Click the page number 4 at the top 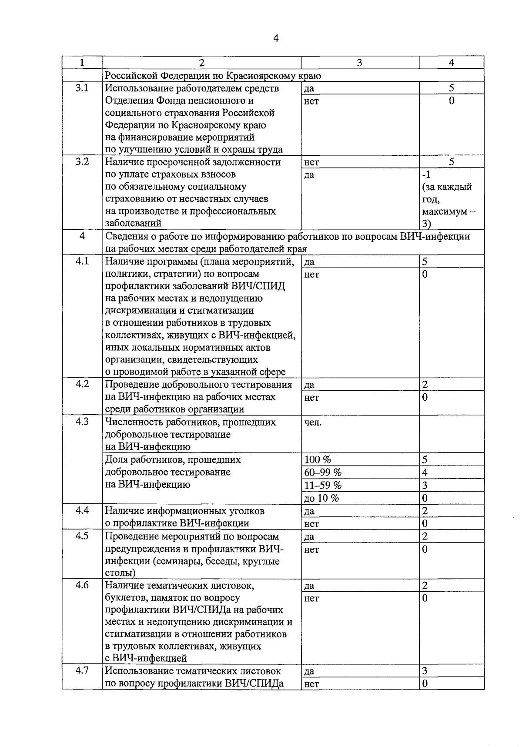coord(276,38)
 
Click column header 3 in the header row coord(360,63)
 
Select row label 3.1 coord(82,88)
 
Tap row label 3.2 coord(82,162)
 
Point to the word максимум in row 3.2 coord(444,211)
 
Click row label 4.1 coord(82,261)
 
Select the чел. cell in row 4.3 coord(313,422)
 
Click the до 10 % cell coord(321,498)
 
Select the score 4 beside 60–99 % coord(425,472)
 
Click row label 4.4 coord(82,510)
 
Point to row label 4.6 coord(82,585)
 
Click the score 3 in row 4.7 coord(425,671)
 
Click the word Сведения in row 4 coord(127,236)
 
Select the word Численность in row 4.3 coord(134,422)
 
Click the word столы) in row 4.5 coord(120,573)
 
